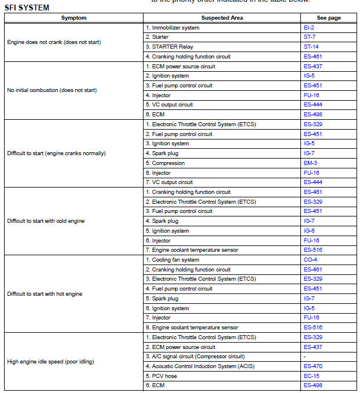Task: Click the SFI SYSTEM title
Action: [x=27, y=8]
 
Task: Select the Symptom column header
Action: [x=74, y=18]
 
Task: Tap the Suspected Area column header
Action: [x=222, y=18]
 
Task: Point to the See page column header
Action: [x=329, y=18]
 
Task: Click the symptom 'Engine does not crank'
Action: [x=54, y=42]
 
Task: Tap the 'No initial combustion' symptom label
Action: [x=52, y=90]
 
